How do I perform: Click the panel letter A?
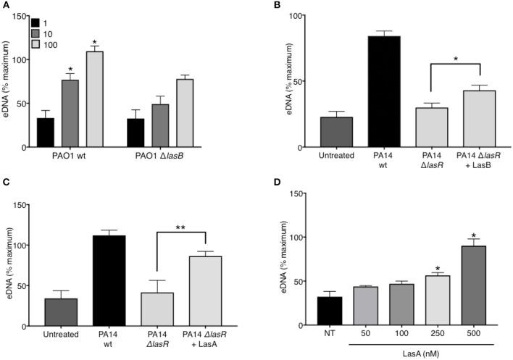pos(6,6)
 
